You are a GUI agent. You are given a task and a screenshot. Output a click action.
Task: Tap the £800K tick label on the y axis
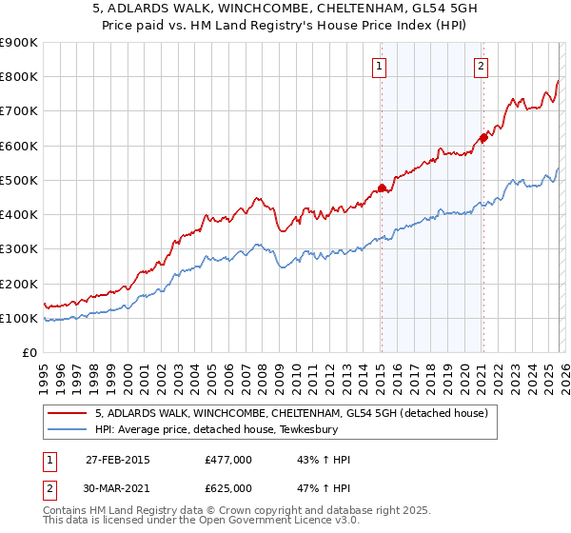[19, 77]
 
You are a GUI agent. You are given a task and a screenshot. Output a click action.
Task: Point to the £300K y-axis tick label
[19, 249]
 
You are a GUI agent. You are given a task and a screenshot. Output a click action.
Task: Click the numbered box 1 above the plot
[380, 67]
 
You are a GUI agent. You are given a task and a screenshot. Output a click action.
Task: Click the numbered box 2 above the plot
[482, 67]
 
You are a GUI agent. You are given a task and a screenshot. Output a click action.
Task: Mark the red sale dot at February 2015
[382, 188]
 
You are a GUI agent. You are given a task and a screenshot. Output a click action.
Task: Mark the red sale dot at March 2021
[483, 138]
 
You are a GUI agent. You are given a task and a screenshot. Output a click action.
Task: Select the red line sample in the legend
[68, 413]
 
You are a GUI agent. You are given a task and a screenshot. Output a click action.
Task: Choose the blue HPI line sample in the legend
[68, 429]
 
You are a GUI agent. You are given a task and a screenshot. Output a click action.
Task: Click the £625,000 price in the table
[228, 487]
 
